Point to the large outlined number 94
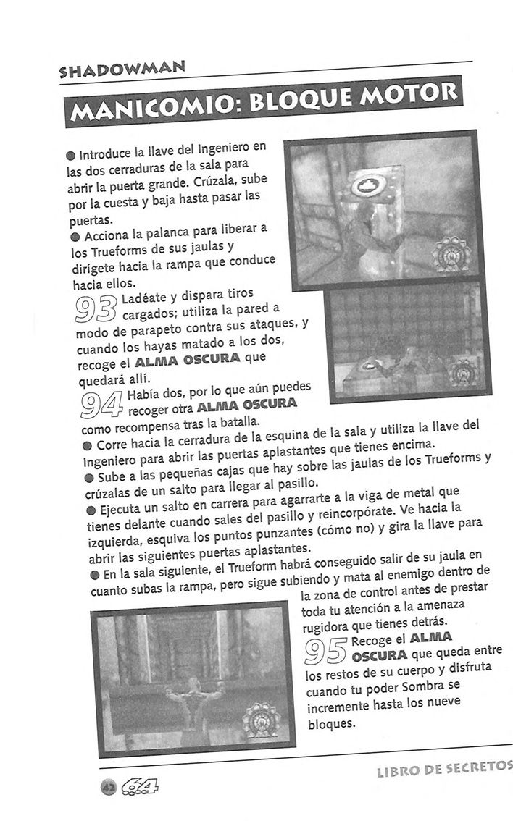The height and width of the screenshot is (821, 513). click(102, 406)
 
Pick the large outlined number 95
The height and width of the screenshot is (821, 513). click(326, 649)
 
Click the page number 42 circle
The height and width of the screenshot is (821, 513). click(109, 786)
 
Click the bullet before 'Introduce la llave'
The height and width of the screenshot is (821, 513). click(70, 156)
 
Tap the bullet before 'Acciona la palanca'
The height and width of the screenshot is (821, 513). click(75, 236)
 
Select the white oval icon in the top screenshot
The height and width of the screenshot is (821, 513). click(364, 187)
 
